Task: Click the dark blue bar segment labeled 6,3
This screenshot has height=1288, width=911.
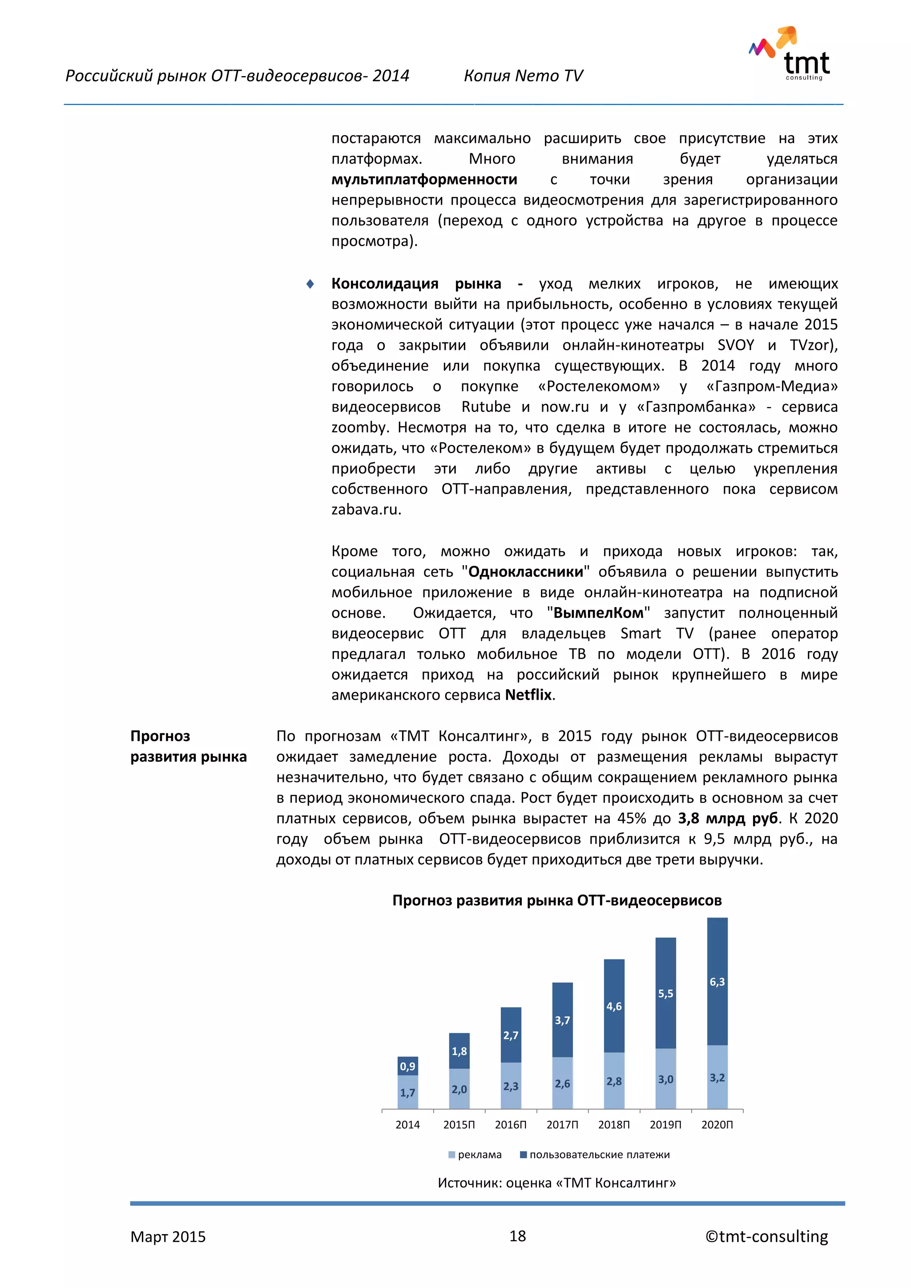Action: click(717, 982)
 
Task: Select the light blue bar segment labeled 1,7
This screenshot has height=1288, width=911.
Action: click(407, 1092)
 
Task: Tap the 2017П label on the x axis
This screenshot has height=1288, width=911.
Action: click(562, 1125)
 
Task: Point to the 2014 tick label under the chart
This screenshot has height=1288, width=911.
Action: click(407, 1125)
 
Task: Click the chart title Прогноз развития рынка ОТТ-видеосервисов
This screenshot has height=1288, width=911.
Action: click(556, 900)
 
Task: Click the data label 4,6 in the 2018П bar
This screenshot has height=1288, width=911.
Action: click(614, 1006)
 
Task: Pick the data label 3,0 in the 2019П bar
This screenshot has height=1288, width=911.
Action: click(665, 1079)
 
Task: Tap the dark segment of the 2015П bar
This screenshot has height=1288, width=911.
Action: click(459, 1051)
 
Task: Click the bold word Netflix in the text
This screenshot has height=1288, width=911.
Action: click(528, 695)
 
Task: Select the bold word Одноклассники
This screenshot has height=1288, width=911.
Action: click(526, 572)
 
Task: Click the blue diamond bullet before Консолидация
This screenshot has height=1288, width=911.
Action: click(310, 284)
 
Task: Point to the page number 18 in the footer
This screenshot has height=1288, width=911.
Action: click(517, 1236)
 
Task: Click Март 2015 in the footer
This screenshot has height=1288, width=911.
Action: click(168, 1237)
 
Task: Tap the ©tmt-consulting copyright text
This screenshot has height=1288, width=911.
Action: click(766, 1236)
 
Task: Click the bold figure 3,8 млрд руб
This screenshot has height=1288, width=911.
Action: click(728, 818)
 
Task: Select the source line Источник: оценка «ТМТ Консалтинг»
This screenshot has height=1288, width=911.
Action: click(556, 1183)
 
